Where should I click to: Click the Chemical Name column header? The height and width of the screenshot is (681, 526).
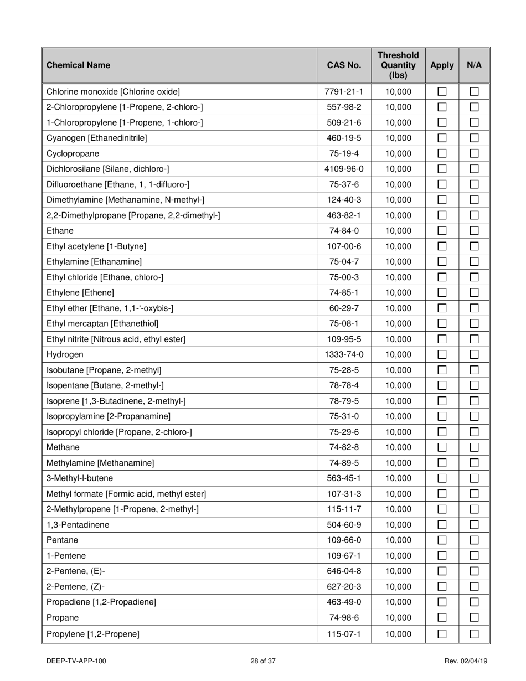(x=78, y=65)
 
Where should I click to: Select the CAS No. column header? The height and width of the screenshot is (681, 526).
(x=344, y=65)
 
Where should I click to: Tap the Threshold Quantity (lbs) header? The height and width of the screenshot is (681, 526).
(x=398, y=65)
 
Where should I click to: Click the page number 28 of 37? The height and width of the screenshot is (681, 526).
(x=262, y=661)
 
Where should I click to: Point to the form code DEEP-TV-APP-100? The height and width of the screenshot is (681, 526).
(x=77, y=661)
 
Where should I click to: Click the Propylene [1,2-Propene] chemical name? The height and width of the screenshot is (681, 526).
(x=93, y=633)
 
